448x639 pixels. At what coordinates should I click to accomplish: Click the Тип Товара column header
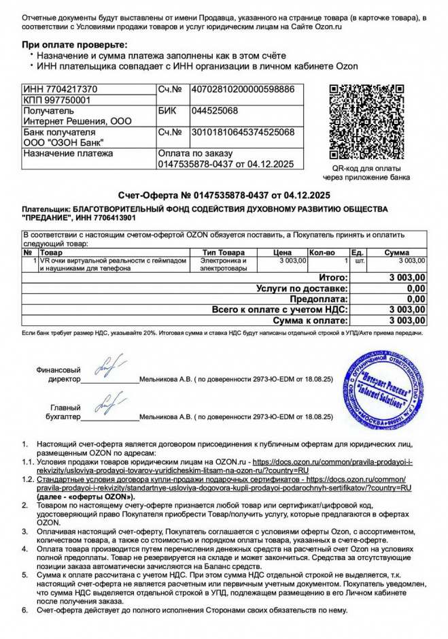223,252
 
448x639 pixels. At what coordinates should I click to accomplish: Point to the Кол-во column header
322,252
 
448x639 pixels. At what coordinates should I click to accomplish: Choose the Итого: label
333,278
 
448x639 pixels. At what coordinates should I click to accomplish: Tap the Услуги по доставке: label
302,289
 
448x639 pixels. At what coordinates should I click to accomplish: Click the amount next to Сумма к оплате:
407,320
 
